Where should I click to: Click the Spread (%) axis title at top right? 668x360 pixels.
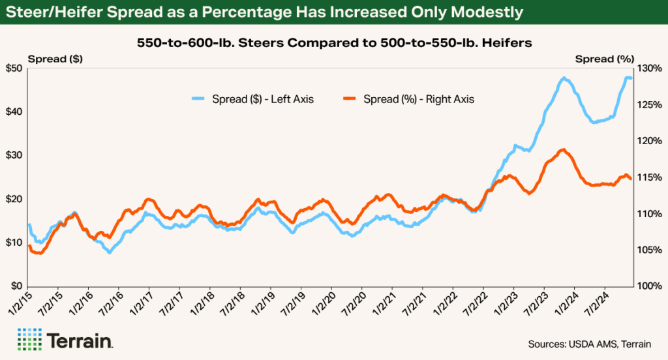tap(604, 59)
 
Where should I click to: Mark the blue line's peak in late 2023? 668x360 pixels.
tap(564, 78)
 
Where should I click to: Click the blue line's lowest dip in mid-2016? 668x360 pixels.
tap(110, 251)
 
